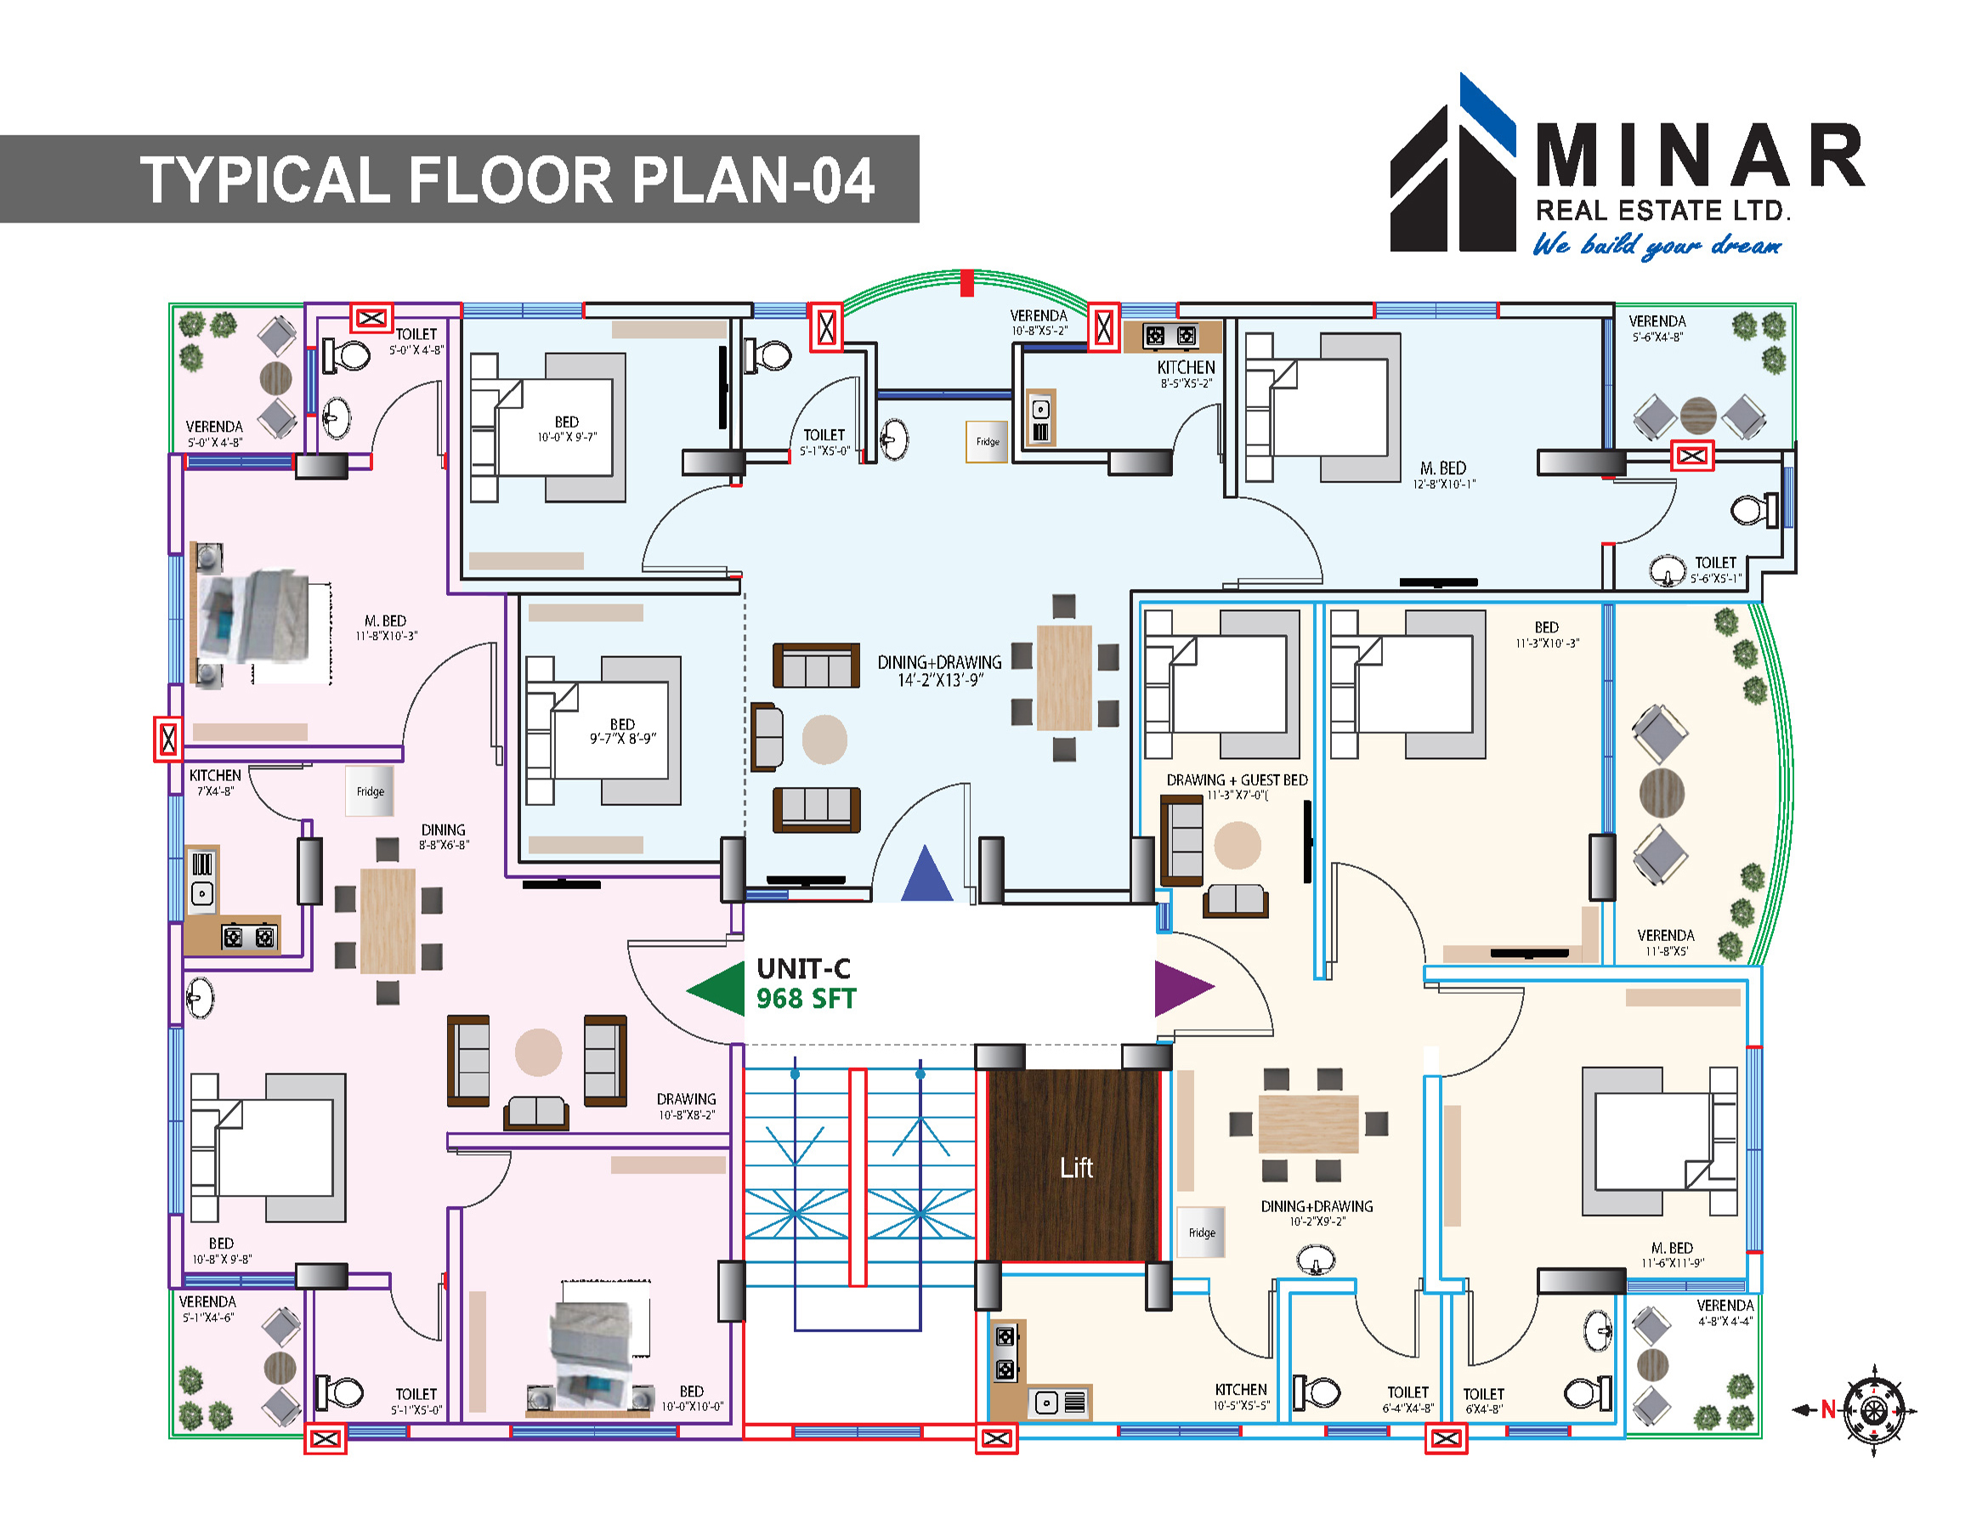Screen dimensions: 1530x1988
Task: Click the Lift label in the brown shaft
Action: click(x=1076, y=1168)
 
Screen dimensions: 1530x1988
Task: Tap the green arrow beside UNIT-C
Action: click(x=717, y=989)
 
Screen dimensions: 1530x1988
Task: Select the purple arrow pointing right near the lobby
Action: click(x=1181, y=988)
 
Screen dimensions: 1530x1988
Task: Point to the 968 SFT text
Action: click(x=806, y=1000)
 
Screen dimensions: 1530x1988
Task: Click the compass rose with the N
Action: click(x=1872, y=1410)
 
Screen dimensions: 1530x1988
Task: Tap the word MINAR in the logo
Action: click(x=1698, y=156)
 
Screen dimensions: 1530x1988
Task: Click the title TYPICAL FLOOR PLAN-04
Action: click(x=507, y=179)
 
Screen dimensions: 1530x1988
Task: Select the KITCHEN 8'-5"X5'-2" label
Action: click(x=1185, y=373)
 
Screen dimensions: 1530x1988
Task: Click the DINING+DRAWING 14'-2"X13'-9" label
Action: click(x=939, y=671)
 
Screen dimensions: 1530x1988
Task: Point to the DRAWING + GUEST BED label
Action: click(x=1236, y=785)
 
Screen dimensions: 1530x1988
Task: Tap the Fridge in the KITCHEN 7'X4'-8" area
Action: click(x=370, y=791)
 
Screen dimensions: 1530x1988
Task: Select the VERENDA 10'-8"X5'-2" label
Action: click(x=1039, y=322)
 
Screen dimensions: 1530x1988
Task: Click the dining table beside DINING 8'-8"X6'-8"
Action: click(x=388, y=921)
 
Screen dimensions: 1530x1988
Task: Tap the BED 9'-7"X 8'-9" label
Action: click(x=623, y=731)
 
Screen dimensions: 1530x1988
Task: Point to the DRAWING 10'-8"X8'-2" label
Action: click(x=687, y=1106)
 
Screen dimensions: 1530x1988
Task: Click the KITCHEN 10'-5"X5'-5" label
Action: click(x=1240, y=1397)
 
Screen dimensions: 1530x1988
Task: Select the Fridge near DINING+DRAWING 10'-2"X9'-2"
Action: click(x=1202, y=1232)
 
